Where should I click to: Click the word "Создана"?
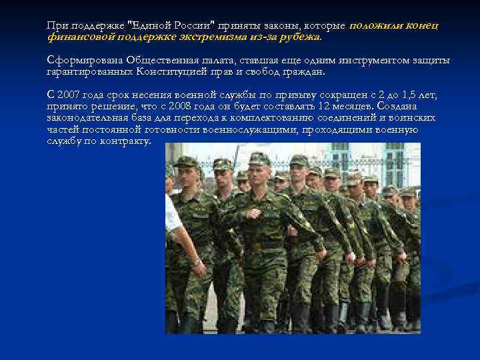pos(416,106)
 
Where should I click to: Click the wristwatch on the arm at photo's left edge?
pos(197,262)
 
